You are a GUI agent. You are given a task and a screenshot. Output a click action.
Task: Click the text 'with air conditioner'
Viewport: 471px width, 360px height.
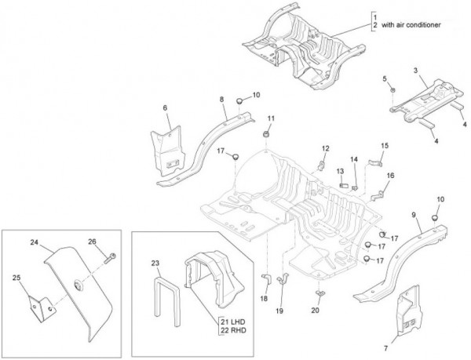[x=414, y=25]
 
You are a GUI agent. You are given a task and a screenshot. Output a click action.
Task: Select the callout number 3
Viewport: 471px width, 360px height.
[x=415, y=71]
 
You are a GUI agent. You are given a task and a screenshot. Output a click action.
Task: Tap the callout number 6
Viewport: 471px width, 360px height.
[x=165, y=107]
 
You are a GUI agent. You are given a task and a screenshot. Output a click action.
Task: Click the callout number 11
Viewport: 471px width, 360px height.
[x=269, y=118]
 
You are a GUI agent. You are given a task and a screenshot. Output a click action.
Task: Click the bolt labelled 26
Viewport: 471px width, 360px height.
[x=111, y=255]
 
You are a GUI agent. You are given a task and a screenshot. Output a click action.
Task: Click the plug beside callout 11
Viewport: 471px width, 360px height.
[x=268, y=135]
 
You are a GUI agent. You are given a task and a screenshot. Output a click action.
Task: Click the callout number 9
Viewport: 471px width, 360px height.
[x=414, y=214]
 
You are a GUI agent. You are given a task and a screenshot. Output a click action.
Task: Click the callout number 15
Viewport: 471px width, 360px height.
[x=385, y=146]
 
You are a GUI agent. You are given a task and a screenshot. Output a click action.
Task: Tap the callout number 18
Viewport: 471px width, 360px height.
[x=264, y=299]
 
